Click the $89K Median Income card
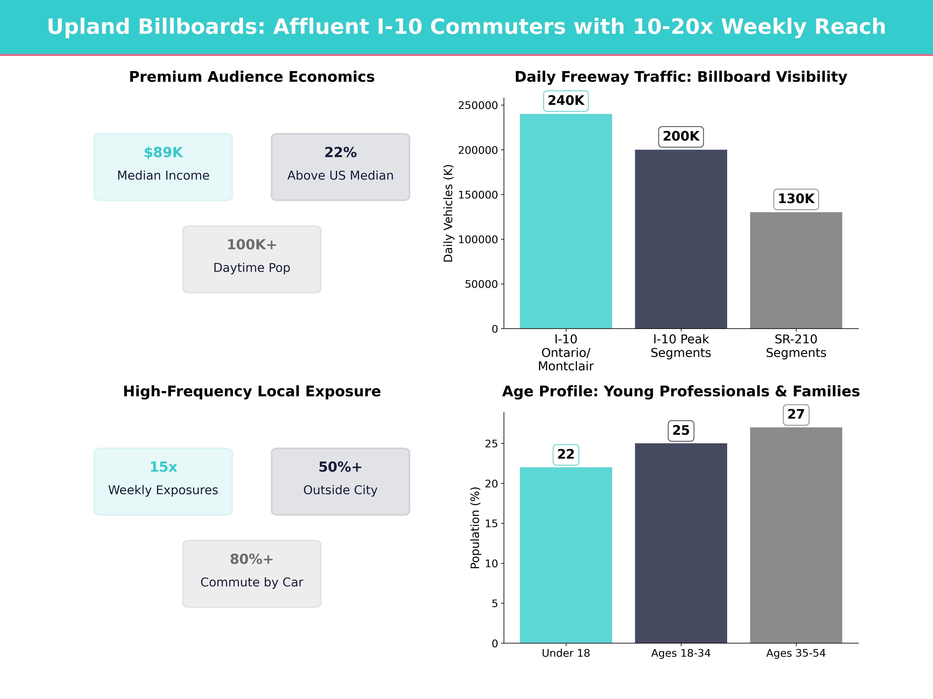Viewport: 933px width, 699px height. point(163,167)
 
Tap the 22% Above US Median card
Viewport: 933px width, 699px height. point(340,167)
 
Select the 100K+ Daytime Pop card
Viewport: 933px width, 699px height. point(252,259)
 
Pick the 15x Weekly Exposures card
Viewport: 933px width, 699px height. point(163,481)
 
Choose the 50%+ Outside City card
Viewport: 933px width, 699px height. point(340,481)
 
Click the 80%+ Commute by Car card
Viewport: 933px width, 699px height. point(252,573)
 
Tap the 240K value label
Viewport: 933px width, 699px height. point(566,101)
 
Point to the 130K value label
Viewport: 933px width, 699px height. point(796,199)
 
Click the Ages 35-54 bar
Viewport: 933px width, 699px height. point(796,535)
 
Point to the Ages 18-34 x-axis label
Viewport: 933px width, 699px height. point(681,653)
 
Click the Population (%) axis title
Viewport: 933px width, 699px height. point(475,528)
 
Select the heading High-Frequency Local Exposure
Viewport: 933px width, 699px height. point(252,391)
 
